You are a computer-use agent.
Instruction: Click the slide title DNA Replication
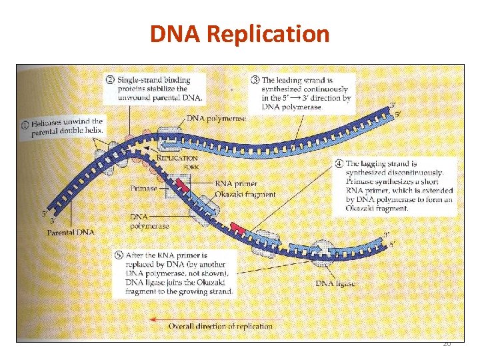coord(239,33)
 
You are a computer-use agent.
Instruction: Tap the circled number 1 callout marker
coord(24,123)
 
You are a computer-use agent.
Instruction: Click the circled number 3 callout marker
coord(255,80)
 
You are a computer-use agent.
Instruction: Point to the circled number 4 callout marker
coord(339,163)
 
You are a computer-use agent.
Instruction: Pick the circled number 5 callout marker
coord(119,255)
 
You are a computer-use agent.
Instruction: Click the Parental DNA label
coord(71,233)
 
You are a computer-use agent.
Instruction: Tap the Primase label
coord(144,189)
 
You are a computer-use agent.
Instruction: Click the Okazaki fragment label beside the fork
coord(245,194)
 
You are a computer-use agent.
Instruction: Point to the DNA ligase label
coord(335,283)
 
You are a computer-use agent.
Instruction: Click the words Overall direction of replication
coord(220,326)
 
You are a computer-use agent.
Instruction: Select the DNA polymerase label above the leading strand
coord(216,119)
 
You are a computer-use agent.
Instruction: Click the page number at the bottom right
coord(447,344)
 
